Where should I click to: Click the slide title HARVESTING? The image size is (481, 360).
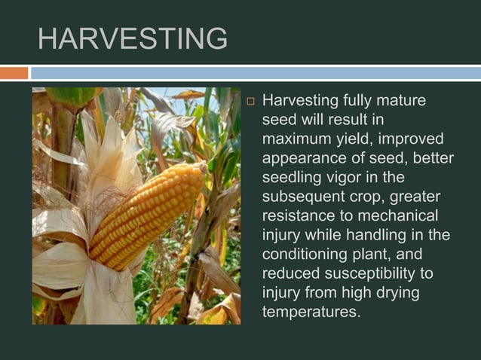pos(132,38)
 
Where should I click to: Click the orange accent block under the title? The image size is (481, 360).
pos(14,73)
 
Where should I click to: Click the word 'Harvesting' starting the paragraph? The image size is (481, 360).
pos(300,101)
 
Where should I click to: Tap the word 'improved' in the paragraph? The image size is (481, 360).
pos(412,139)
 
